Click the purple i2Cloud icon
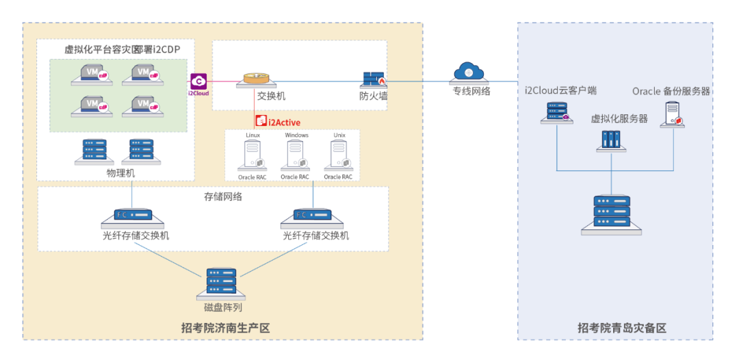point(198,81)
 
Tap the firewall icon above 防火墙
point(373,80)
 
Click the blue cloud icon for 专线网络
point(468,71)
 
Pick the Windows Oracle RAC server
point(296,156)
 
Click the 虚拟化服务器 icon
point(610,140)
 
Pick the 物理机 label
point(120,172)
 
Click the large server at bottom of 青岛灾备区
point(611,214)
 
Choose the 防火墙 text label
point(374,97)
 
